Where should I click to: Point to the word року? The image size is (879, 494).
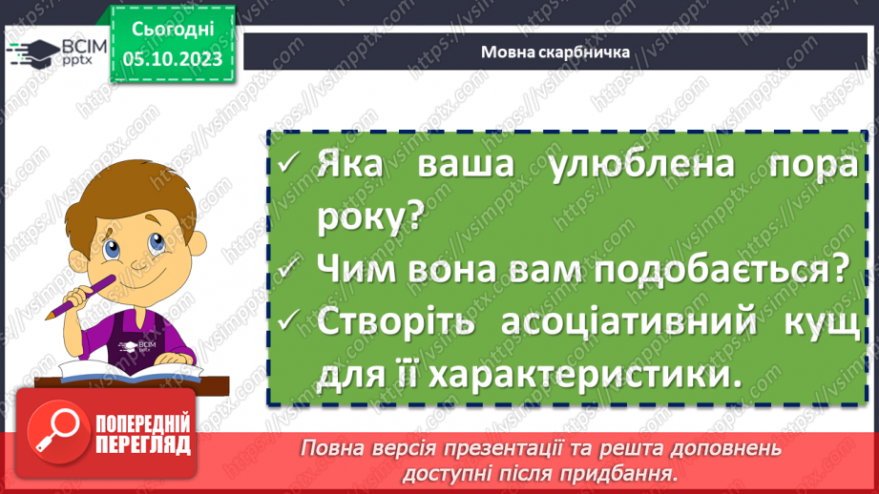coord(368,216)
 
